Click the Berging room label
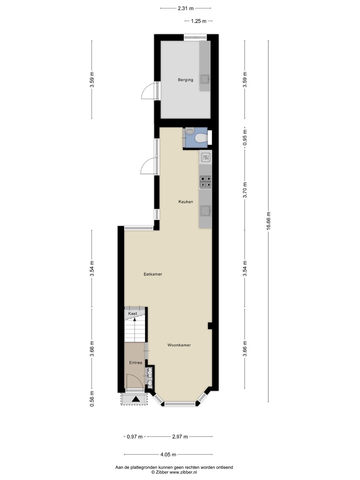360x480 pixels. click(x=185, y=80)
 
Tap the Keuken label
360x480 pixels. click(x=186, y=202)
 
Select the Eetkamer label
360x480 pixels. click(x=153, y=274)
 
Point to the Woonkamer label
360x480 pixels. click(x=179, y=345)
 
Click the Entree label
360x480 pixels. click(x=136, y=363)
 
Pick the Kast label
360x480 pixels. click(x=132, y=313)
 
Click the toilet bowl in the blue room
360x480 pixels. click(x=201, y=138)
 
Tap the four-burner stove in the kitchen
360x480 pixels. click(x=205, y=182)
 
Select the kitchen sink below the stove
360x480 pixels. click(x=205, y=211)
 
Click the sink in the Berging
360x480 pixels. click(x=205, y=79)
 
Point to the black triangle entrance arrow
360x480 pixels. click(x=136, y=399)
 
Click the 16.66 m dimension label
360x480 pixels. click(x=268, y=221)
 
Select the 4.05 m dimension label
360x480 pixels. click(x=168, y=455)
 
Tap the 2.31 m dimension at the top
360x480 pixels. click(x=186, y=8)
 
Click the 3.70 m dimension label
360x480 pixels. click(x=245, y=190)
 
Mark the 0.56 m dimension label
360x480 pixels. click(x=92, y=399)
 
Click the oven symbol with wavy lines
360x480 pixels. click(x=205, y=157)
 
